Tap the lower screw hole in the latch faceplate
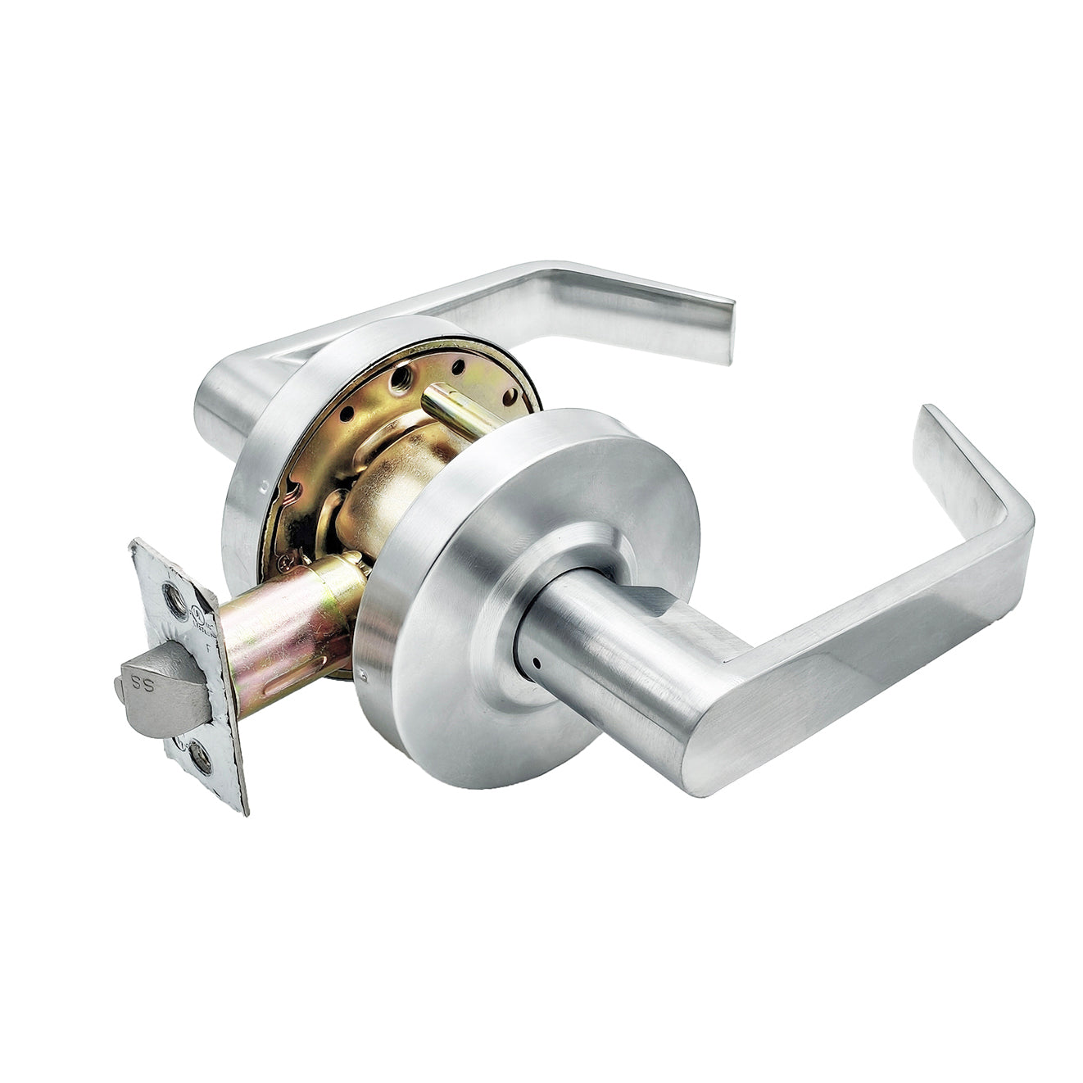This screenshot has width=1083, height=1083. pos(199,757)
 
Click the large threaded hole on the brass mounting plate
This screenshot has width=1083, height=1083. pos(401,378)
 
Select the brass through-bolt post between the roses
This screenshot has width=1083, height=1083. pos(459,410)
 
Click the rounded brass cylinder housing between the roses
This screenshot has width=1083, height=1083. pos(385,483)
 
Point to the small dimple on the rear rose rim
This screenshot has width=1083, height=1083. pos(264,485)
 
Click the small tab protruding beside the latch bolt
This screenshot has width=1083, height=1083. pos(120,693)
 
